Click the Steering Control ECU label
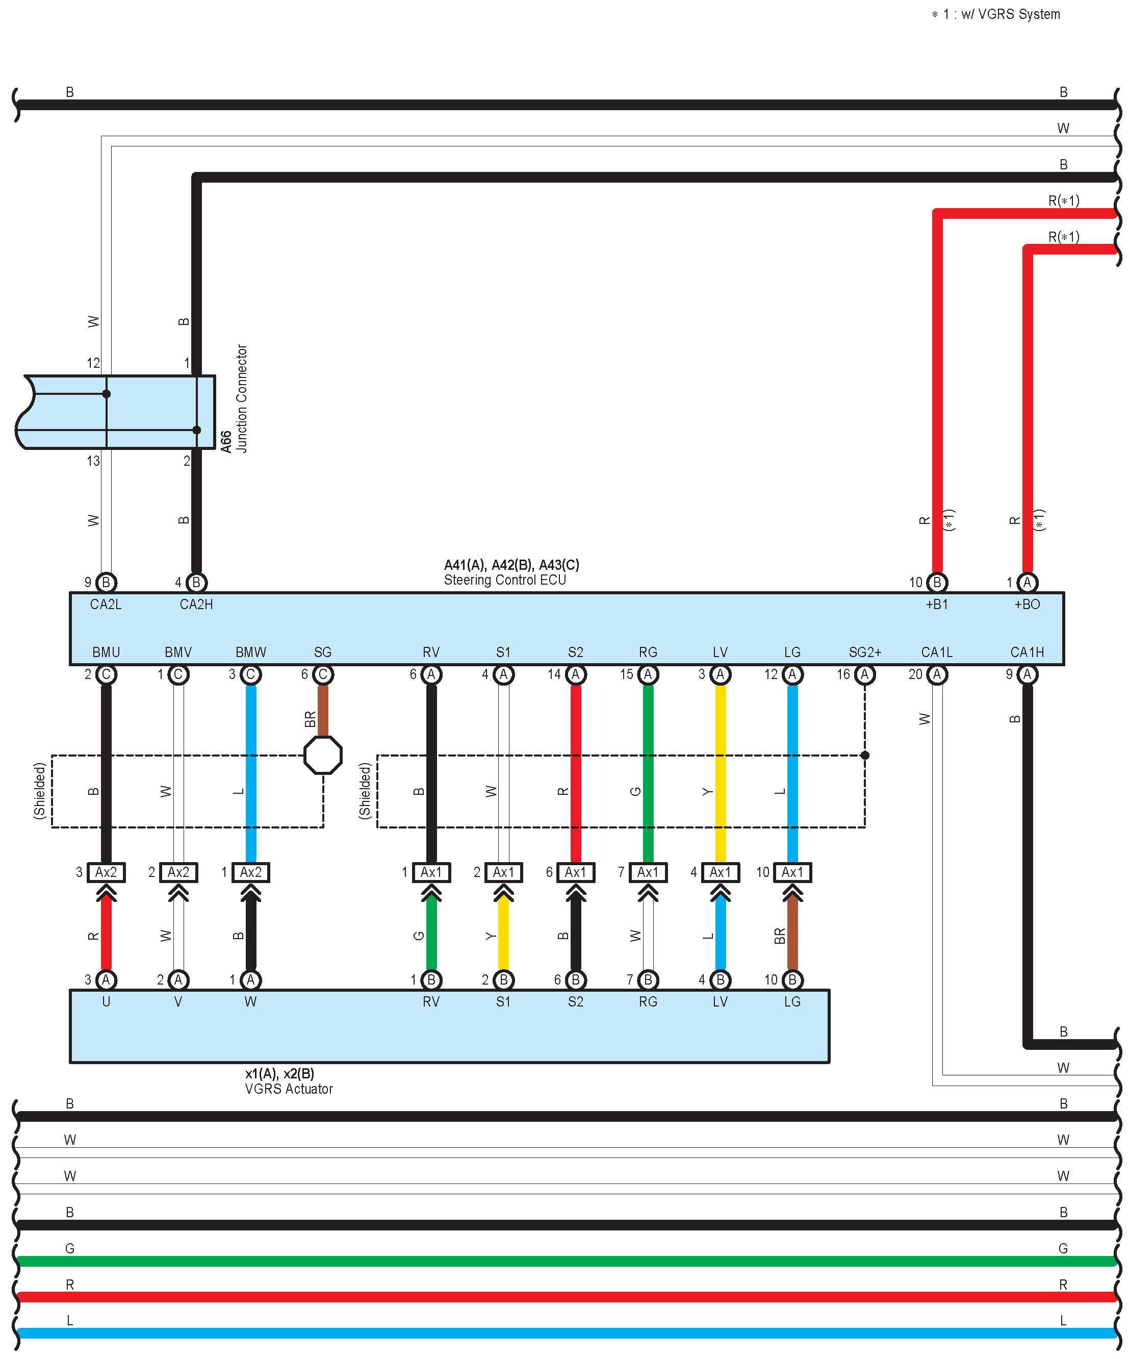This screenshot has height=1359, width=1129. pyautogui.click(x=505, y=580)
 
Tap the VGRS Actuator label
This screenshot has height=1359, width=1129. pyautogui.click(x=289, y=1089)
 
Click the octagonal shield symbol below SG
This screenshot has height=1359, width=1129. pyautogui.click(x=323, y=754)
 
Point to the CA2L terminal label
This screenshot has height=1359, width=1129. pyautogui.click(x=106, y=605)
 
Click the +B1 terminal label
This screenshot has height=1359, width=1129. pyautogui.click(x=936, y=605)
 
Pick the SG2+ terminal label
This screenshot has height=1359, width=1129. pyautogui.click(x=864, y=652)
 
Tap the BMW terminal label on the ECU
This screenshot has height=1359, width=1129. pyautogui.click(x=250, y=652)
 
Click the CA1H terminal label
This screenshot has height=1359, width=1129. pyautogui.click(x=1027, y=652)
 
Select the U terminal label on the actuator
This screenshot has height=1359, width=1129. pyautogui.click(x=106, y=1002)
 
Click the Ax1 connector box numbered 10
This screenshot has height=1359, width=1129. pyautogui.click(x=792, y=872)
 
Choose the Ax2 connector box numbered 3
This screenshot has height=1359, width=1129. pyautogui.click(x=106, y=872)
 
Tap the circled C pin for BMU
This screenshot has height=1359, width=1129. pyautogui.click(x=106, y=675)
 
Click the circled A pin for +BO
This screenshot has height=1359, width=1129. pyautogui.click(x=1027, y=583)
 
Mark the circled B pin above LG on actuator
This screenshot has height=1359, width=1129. pyautogui.click(x=792, y=980)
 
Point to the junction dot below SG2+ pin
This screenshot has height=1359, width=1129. pyautogui.click(x=865, y=755)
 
